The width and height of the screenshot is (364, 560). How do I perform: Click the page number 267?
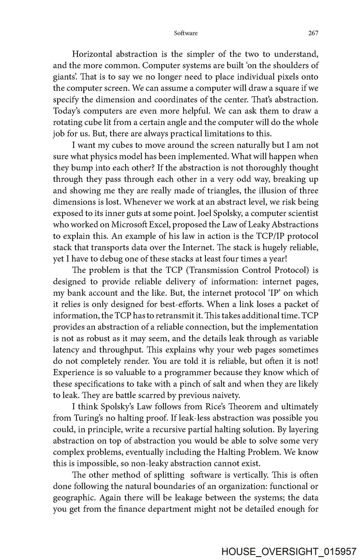313,33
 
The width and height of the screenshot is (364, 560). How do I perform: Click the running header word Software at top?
186,33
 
